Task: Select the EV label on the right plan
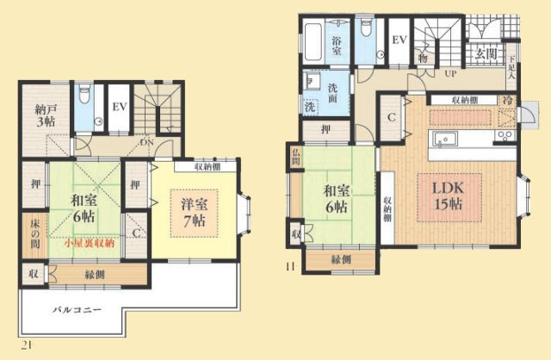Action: pyautogui.click(x=399, y=40)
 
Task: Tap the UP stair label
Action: pyautogui.click(x=449, y=74)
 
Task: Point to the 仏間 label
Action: pyautogui.click(x=296, y=157)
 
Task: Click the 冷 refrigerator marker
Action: pyautogui.click(x=508, y=100)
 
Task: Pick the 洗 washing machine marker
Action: pyautogui.click(x=309, y=109)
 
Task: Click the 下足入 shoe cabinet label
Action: pyautogui.click(x=511, y=65)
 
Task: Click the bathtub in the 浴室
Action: pyautogui.click(x=313, y=39)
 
